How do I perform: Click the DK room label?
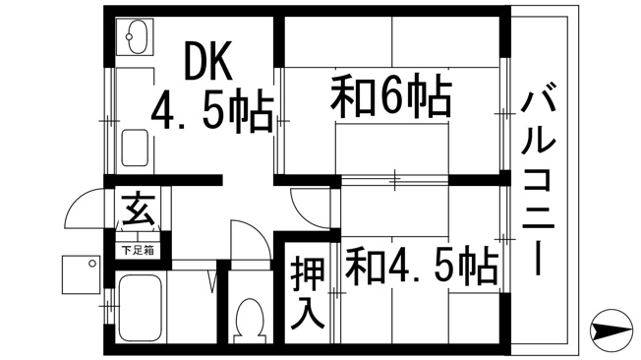(x=208, y=60)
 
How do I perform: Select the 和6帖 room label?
(x=391, y=97)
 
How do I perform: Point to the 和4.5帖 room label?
(x=422, y=267)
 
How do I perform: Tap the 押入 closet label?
(x=308, y=293)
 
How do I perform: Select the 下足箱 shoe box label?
(x=139, y=250)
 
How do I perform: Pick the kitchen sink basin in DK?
(x=135, y=36)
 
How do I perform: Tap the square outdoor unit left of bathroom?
(x=81, y=274)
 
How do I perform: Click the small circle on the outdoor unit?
(x=92, y=264)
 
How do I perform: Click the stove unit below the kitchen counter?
(x=135, y=148)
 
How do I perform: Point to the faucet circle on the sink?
(x=129, y=36)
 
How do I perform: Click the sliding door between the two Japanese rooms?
(x=395, y=180)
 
